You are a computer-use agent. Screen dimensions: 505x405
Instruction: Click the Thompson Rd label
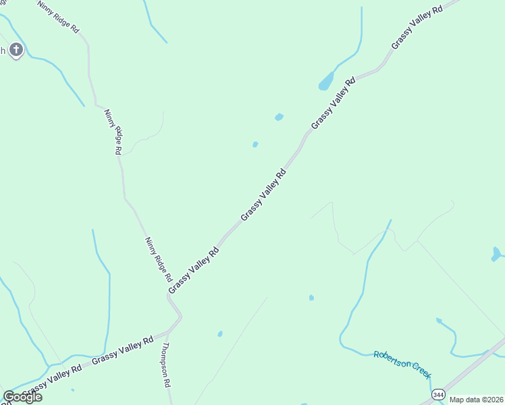tap(165, 364)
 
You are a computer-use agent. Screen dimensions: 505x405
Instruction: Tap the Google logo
tap(22, 397)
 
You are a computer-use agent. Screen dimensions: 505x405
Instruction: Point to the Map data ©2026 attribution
tap(476, 400)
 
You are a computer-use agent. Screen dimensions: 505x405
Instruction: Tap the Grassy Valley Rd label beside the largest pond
tap(333, 104)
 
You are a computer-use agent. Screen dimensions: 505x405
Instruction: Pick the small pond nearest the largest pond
tap(279, 117)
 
